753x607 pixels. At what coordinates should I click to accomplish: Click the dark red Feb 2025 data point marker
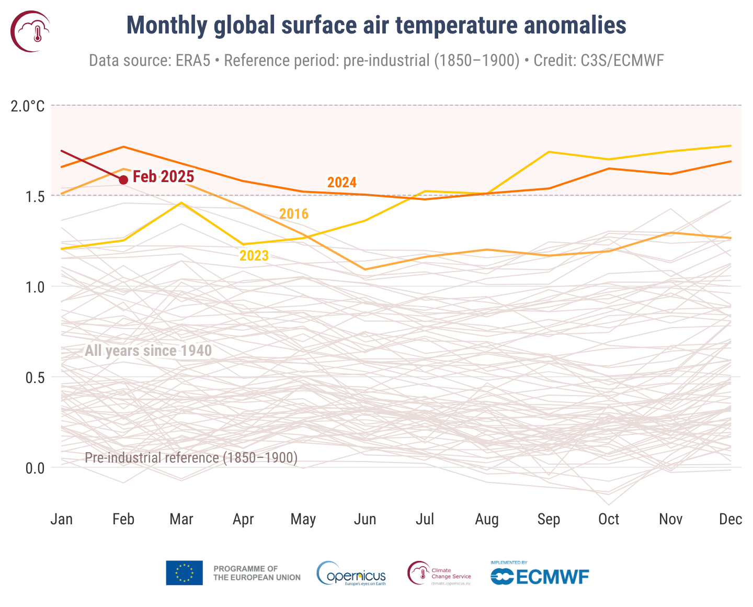[x=123, y=180]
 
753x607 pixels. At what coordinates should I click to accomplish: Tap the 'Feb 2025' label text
[x=163, y=177]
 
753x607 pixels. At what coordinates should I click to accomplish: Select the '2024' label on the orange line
[x=342, y=183]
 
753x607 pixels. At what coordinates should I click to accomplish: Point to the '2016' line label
[x=294, y=214]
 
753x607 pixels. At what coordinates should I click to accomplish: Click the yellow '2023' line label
[x=254, y=256]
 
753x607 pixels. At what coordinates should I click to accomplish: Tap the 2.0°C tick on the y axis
[x=28, y=106]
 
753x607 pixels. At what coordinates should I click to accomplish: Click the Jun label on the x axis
[x=365, y=519]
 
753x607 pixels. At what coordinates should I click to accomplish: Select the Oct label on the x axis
[x=609, y=519]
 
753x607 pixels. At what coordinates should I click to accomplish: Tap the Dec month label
[x=731, y=519]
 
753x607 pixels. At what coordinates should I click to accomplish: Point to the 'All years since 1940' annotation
[x=148, y=351]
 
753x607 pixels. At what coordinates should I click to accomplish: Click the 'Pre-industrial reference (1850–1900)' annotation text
[x=191, y=458]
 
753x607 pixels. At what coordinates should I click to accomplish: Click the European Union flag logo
[x=184, y=573]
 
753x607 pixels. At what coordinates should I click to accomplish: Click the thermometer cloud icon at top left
[x=30, y=31]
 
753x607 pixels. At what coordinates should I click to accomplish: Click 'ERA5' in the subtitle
[x=193, y=61]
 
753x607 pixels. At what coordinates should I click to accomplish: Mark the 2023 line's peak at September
[x=549, y=152]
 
